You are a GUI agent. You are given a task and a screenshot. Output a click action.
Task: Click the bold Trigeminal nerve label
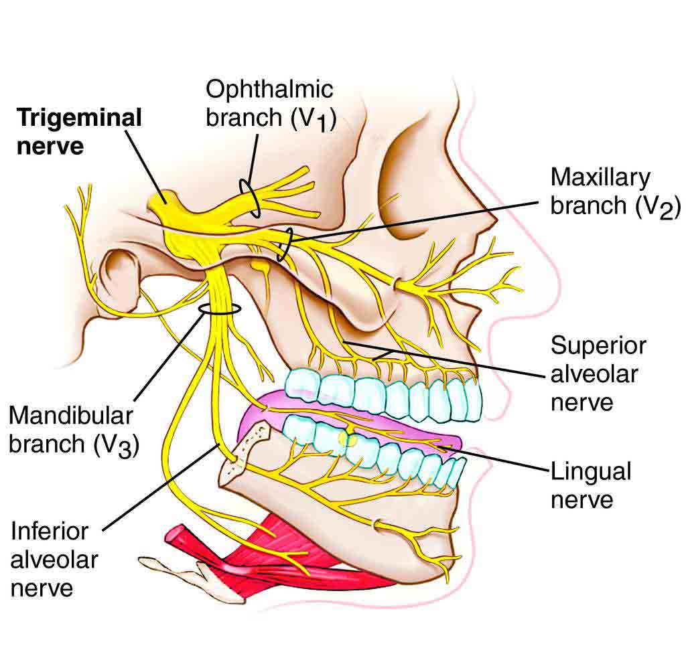79,131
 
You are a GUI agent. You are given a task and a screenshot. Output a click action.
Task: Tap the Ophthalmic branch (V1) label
269,103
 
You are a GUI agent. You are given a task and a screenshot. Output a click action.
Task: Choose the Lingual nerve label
590,485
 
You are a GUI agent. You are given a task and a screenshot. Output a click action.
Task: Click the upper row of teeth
389,395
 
